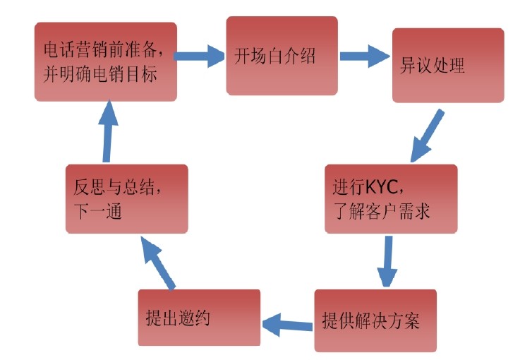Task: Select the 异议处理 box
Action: click(x=448, y=66)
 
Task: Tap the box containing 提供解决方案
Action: click(x=375, y=321)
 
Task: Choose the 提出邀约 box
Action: click(x=199, y=317)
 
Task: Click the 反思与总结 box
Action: click(x=127, y=199)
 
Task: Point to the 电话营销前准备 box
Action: click(x=105, y=61)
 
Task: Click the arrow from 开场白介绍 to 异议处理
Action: click(x=366, y=56)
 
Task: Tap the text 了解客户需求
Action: click(x=381, y=210)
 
